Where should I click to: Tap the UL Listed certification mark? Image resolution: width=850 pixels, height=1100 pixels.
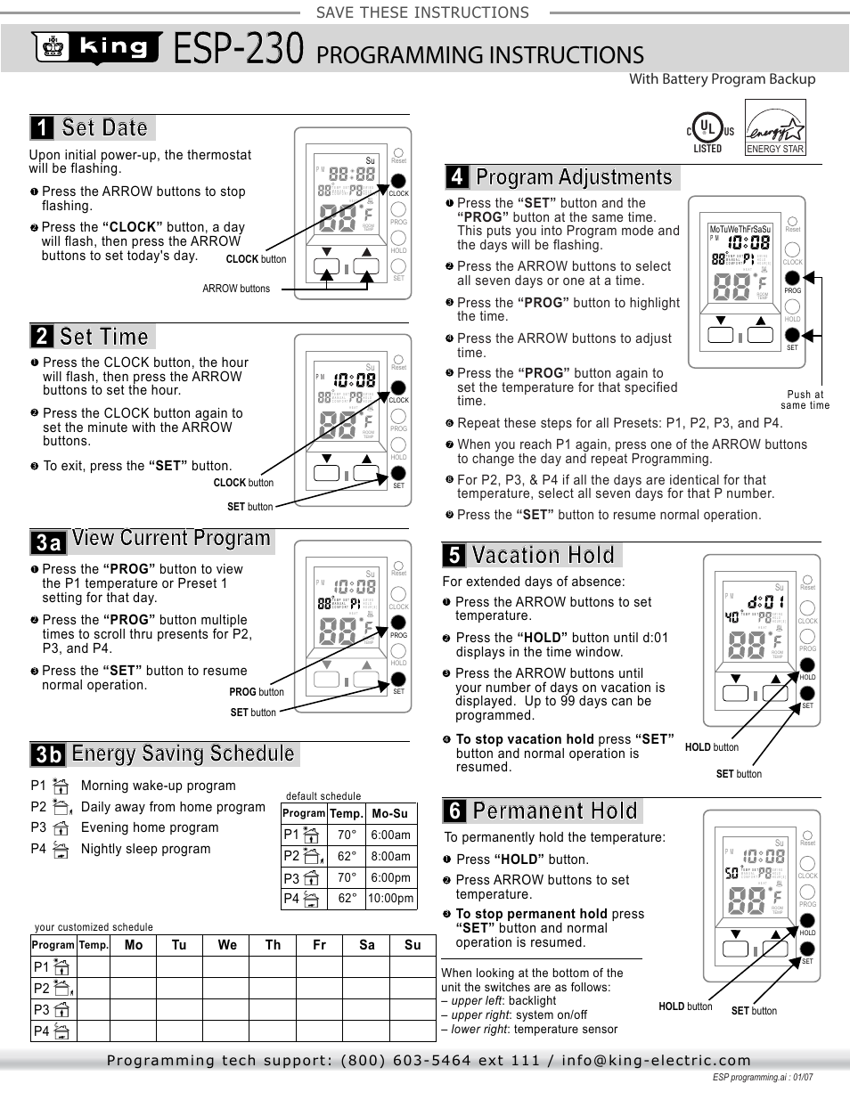pos(709,131)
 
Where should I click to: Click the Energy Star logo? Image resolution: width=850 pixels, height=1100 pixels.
pos(775,128)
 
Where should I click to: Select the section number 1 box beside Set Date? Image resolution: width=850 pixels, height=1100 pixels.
pos(42,128)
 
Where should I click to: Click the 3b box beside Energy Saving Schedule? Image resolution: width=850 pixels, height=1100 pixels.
pos(49,754)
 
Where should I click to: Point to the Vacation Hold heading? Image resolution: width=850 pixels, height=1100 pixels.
pos(543,556)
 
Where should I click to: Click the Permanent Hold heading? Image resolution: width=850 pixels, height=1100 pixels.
pos(555,811)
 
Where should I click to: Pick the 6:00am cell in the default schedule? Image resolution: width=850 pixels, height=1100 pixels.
pos(390,835)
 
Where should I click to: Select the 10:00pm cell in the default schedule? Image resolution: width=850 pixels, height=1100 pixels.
pos(390,899)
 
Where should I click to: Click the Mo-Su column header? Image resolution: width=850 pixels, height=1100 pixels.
pos(390,813)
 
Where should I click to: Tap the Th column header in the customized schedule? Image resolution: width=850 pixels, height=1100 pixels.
pos(273,945)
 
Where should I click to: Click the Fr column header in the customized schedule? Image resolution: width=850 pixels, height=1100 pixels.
pos(319,945)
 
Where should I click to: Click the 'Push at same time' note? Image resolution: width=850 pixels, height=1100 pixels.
pos(805,400)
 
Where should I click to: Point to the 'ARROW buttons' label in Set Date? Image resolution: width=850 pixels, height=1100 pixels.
pos(236,289)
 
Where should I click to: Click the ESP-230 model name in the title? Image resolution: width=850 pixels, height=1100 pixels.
pos(239,49)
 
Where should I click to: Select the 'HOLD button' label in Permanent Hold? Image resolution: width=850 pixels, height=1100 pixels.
pos(685,1006)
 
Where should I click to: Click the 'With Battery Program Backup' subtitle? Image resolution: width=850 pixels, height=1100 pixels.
pos(722,79)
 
